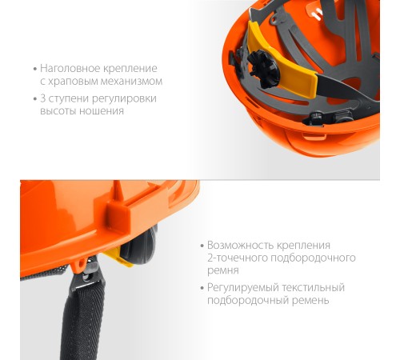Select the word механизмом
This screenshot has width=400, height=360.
(x=128, y=81)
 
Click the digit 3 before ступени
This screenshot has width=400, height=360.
(x=42, y=98)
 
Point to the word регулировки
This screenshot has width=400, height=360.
(x=124, y=99)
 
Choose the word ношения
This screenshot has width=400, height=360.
(x=102, y=111)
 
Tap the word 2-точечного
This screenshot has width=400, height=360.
(x=238, y=258)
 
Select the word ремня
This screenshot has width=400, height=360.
(x=223, y=271)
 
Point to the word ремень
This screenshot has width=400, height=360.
(x=310, y=301)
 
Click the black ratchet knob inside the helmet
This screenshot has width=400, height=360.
(x=264, y=69)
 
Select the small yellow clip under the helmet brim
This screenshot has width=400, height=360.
(x=119, y=258)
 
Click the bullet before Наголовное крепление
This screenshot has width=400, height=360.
(x=35, y=70)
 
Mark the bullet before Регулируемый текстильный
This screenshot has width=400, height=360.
(x=202, y=289)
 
